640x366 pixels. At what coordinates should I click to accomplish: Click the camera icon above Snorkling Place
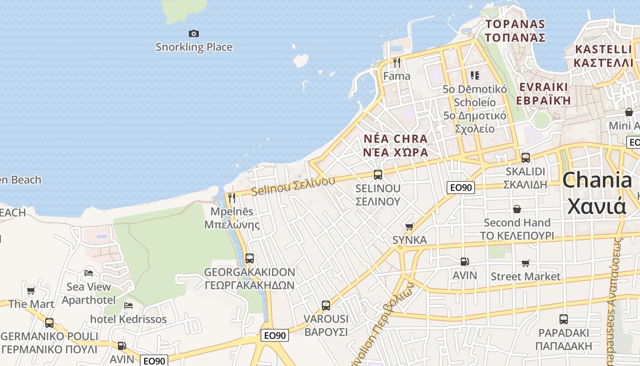point(194,33)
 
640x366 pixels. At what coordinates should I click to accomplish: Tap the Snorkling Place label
point(194,47)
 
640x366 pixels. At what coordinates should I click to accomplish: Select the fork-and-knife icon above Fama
point(396,63)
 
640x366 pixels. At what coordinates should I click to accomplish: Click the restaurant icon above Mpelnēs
point(232,198)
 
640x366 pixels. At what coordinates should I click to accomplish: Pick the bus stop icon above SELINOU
point(378,174)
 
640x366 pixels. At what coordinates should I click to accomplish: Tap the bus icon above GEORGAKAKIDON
point(249,258)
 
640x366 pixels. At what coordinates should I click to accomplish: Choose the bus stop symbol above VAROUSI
point(325,305)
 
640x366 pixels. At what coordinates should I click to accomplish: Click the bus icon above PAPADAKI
point(563,319)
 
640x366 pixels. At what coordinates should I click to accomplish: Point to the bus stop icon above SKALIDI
point(525,158)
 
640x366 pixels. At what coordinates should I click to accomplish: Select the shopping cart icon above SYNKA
point(409,226)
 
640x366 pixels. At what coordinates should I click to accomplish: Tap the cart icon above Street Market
point(525,263)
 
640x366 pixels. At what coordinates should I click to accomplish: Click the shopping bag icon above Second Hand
point(517,209)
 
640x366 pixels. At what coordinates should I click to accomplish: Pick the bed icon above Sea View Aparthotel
point(89,273)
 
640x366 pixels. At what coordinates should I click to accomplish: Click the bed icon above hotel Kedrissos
point(128,305)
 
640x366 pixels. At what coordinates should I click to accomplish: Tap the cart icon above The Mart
point(31,291)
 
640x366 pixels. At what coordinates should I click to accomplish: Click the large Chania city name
point(597,193)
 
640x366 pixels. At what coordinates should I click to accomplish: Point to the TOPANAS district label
point(515,30)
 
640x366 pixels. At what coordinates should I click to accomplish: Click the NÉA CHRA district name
point(395,145)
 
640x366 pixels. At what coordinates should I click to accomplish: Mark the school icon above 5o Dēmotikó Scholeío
point(475,75)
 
